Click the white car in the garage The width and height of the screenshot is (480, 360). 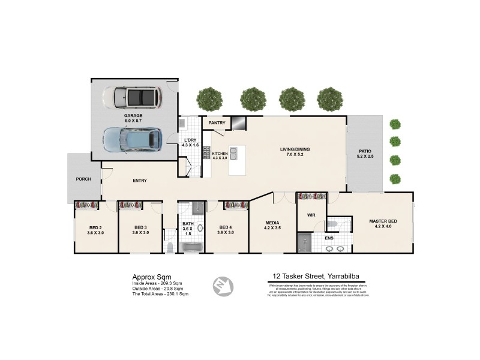[x=131, y=97]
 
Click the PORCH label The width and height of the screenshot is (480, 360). [x=83, y=179]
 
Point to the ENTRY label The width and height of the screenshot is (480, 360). [x=139, y=181]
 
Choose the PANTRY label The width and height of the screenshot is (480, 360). [x=217, y=124]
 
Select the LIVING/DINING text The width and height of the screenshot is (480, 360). [x=295, y=149]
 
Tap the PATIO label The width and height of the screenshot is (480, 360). [x=365, y=151]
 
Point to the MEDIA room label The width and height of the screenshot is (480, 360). [x=272, y=223]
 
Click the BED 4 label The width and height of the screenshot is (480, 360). [x=226, y=227]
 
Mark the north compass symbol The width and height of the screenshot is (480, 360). [x=223, y=285]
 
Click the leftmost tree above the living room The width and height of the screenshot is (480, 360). [x=209, y=98]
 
